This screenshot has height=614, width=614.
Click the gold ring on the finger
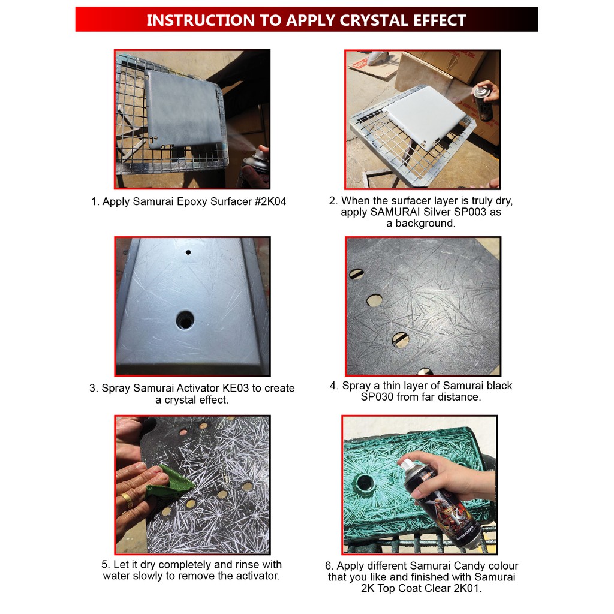click(x=127, y=500)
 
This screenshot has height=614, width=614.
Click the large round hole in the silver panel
click(x=185, y=320)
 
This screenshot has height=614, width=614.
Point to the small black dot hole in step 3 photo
click(x=188, y=252)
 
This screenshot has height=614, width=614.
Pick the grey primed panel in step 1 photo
click(x=182, y=107)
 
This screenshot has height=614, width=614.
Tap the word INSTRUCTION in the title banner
click(x=200, y=20)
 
